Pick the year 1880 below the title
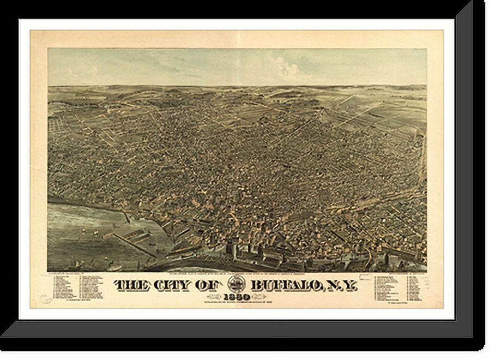[x=237, y=297]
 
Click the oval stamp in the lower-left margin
[x=46, y=299]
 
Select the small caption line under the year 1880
[x=237, y=303]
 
